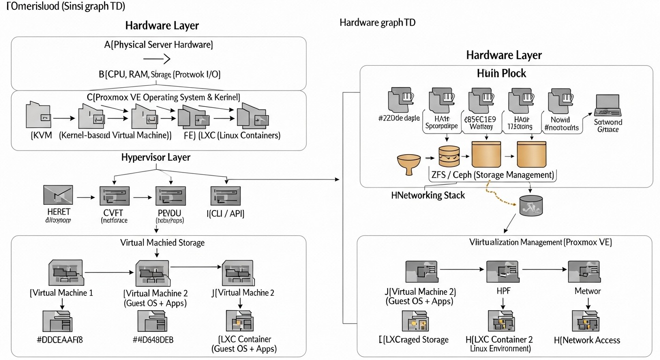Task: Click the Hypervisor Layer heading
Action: point(156,157)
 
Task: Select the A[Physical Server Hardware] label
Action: point(158,45)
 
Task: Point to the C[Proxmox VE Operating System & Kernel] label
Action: point(164,97)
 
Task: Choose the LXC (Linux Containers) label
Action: point(240,135)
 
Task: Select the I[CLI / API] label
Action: point(225,213)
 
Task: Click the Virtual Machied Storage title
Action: point(162,242)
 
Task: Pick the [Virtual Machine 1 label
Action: point(61,292)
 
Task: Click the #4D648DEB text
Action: point(153,339)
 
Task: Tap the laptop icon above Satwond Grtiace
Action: point(608,106)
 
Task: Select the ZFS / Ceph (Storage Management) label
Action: point(492,175)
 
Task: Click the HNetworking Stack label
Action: point(428,195)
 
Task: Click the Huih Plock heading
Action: point(502,74)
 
